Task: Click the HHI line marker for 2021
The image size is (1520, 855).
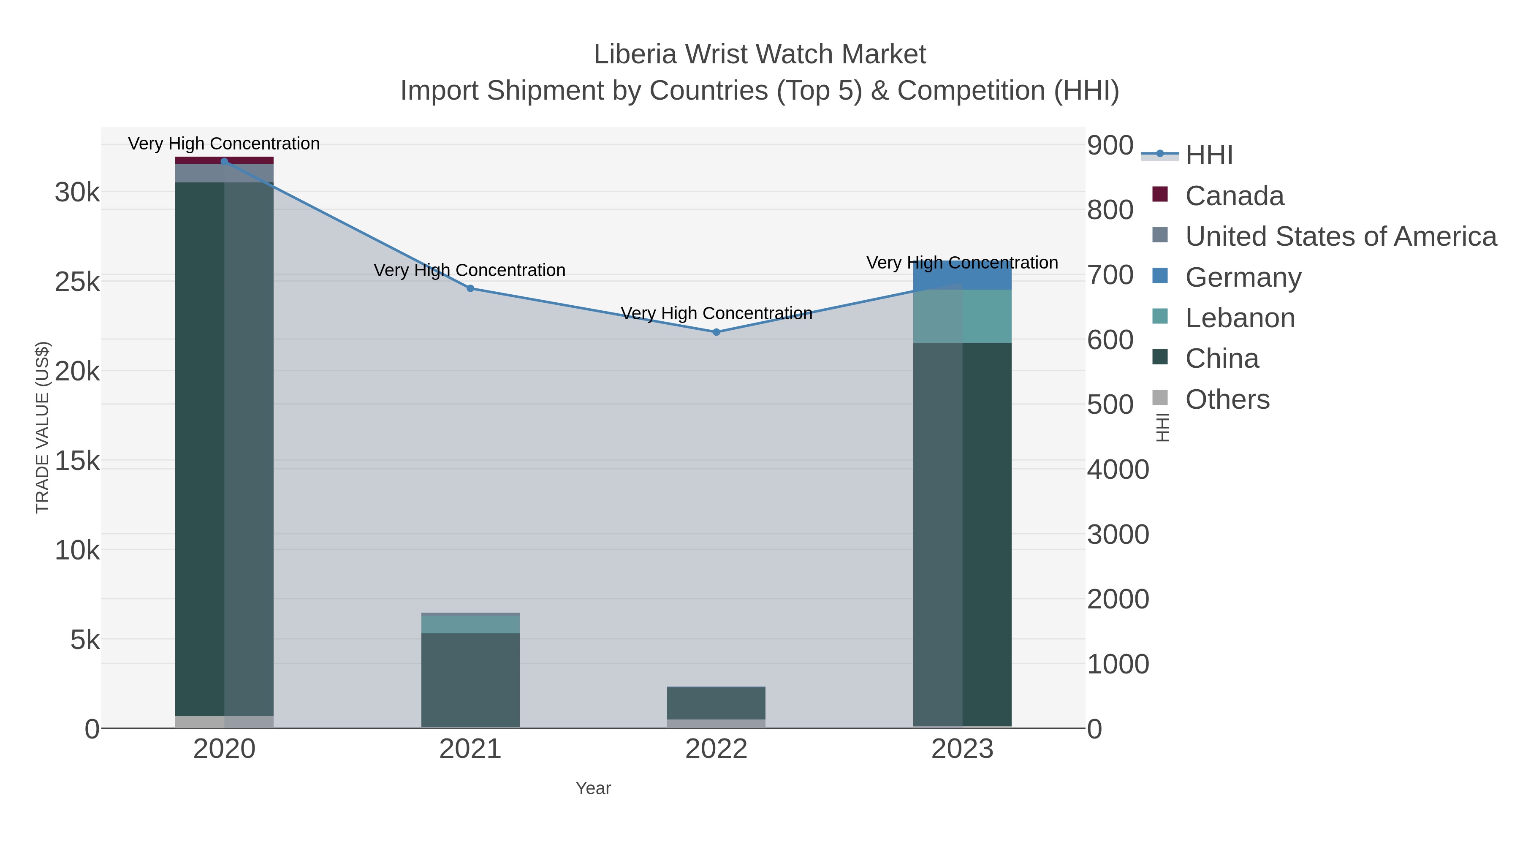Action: tap(470, 288)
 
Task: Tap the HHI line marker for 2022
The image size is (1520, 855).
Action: tap(717, 332)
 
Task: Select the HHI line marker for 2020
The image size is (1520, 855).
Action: tap(224, 162)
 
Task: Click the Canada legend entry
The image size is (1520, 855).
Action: tap(1234, 196)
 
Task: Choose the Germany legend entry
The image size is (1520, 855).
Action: tap(1243, 277)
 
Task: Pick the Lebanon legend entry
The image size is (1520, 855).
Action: tap(1240, 318)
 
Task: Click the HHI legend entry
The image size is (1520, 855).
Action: tap(1208, 155)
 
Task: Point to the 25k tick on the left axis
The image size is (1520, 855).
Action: tap(77, 282)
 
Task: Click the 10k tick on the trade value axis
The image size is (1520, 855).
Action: tap(77, 551)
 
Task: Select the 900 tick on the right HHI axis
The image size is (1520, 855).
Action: tap(1110, 146)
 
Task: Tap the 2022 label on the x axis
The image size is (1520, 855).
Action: tap(717, 749)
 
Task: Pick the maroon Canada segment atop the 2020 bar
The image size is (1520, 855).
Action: tap(224, 160)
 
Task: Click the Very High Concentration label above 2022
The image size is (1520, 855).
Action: tap(717, 313)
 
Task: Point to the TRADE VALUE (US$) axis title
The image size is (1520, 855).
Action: tap(43, 427)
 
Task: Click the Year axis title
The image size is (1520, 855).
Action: tap(593, 788)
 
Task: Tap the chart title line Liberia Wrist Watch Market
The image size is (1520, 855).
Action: tap(760, 55)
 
